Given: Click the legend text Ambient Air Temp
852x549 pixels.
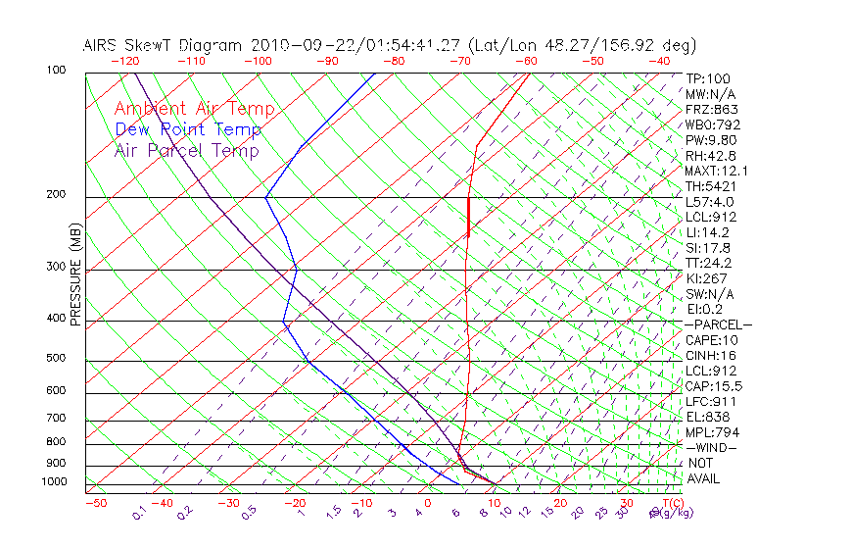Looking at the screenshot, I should (x=194, y=109).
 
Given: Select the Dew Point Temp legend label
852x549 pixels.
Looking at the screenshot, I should (x=188, y=129).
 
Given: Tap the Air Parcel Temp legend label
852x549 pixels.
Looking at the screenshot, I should (x=186, y=150).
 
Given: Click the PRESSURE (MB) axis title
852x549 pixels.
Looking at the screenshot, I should (x=75, y=275).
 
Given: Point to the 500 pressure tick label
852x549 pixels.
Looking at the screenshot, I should (x=56, y=359).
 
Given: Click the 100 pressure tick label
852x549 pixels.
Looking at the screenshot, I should (x=56, y=71).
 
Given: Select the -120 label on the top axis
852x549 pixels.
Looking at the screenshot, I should (x=124, y=61).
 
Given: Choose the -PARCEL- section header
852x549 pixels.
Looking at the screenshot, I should (x=719, y=324).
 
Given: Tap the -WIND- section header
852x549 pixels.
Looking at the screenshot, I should (x=712, y=447).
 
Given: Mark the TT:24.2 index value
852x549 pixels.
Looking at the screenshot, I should (x=709, y=263).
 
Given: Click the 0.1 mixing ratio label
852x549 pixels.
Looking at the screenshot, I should (x=139, y=513).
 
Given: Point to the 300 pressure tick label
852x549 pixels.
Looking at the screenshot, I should (x=56, y=267).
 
